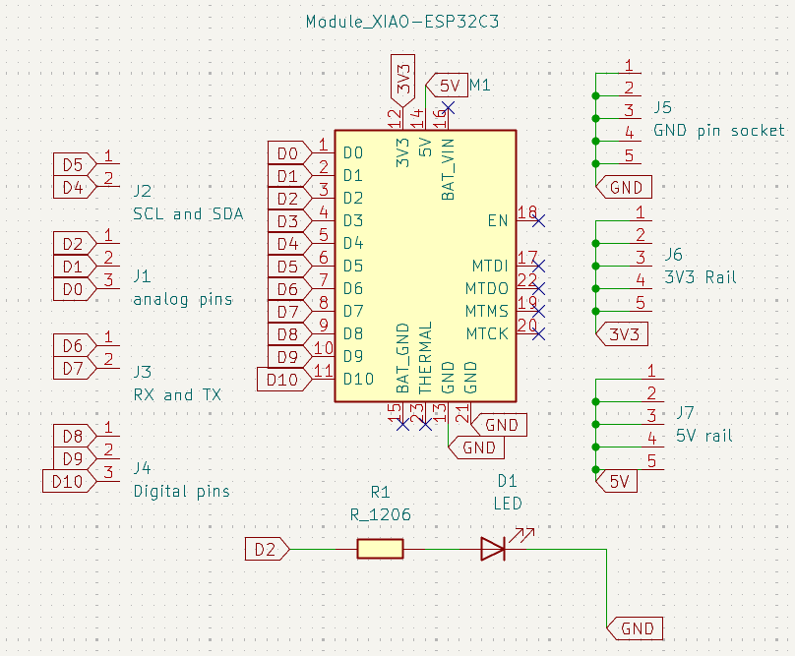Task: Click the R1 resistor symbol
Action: coord(380,549)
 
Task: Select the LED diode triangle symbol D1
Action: coord(493,549)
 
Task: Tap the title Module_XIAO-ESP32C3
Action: coord(402,22)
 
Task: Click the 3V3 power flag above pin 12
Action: coord(403,80)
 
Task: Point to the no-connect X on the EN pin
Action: coord(539,220)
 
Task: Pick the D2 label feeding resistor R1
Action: coord(268,550)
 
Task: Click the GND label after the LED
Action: coord(635,628)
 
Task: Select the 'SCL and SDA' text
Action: coord(188,214)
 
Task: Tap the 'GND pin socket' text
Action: coord(719,131)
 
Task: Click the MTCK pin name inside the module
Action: coord(487,333)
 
